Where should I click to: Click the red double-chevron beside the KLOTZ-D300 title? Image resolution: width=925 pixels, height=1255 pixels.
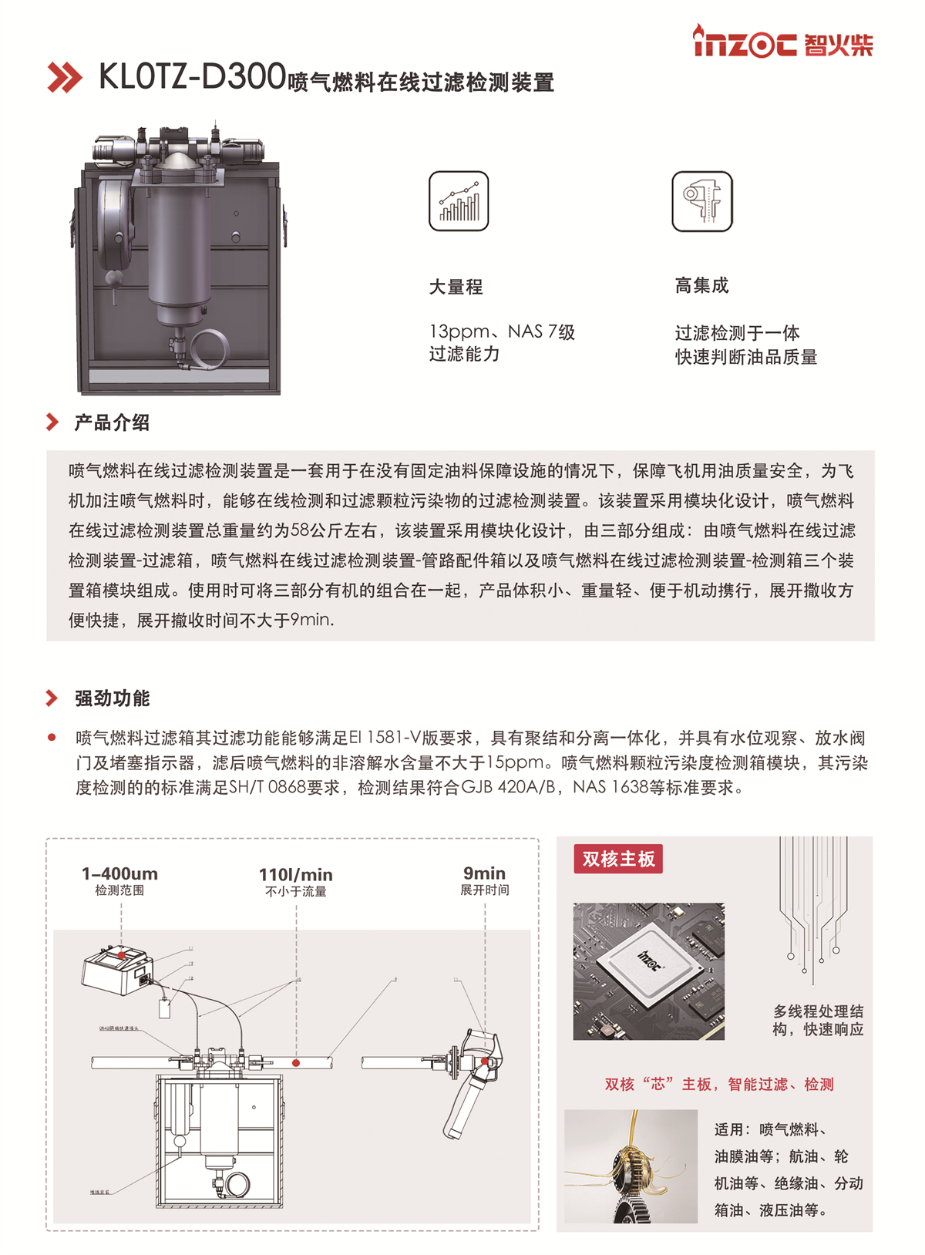pyautogui.click(x=65, y=77)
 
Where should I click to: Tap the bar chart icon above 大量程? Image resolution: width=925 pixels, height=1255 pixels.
pyautogui.click(x=459, y=201)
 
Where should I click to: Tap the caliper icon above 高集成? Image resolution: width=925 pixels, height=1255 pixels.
pyautogui.click(x=701, y=201)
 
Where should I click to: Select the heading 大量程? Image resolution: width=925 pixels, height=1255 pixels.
pyautogui.click(x=456, y=288)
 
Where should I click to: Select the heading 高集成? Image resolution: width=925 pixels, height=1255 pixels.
pyautogui.click(x=701, y=286)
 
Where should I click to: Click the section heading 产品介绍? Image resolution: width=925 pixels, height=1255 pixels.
pyautogui.click(x=112, y=422)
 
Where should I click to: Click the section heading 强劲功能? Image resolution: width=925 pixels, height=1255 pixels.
pyautogui.click(x=112, y=698)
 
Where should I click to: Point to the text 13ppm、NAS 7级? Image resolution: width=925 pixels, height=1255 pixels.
pyautogui.click(x=502, y=332)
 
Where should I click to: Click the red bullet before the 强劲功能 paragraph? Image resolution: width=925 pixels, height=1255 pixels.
pyautogui.click(x=52, y=738)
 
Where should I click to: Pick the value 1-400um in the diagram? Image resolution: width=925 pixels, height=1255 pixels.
pyautogui.click(x=119, y=873)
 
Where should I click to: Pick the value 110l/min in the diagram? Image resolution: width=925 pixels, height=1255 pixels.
pyautogui.click(x=295, y=874)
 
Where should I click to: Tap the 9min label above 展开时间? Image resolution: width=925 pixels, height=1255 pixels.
pyautogui.click(x=484, y=873)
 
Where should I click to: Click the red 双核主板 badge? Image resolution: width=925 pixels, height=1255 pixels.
pyautogui.click(x=618, y=859)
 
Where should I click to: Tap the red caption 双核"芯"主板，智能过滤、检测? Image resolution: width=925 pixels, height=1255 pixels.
pyautogui.click(x=718, y=1085)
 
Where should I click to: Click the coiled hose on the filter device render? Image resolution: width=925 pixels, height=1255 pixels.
pyautogui.click(x=207, y=348)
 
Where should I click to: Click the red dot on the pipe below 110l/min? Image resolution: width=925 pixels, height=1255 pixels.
pyautogui.click(x=296, y=1063)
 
